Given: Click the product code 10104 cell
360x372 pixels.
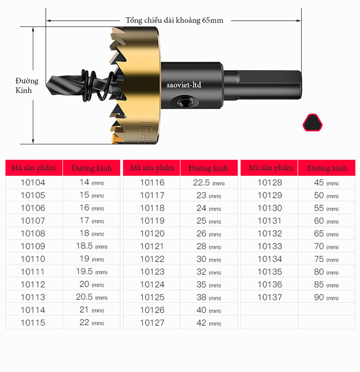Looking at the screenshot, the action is click(33, 183).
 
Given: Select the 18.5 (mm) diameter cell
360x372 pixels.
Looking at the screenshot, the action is click(92, 246).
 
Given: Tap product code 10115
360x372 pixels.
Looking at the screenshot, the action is click(33, 323).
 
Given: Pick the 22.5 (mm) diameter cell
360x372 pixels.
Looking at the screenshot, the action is click(209, 183).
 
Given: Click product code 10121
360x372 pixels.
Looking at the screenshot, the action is click(152, 246).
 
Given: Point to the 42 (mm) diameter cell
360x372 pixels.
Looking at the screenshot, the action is click(209, 323).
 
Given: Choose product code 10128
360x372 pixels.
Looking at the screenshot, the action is click(270, 183).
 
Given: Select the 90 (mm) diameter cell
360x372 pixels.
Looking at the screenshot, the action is click(327, 297).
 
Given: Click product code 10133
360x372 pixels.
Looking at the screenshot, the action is click(270, 246).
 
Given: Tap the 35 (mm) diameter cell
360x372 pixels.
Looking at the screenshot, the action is click(209, 284).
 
